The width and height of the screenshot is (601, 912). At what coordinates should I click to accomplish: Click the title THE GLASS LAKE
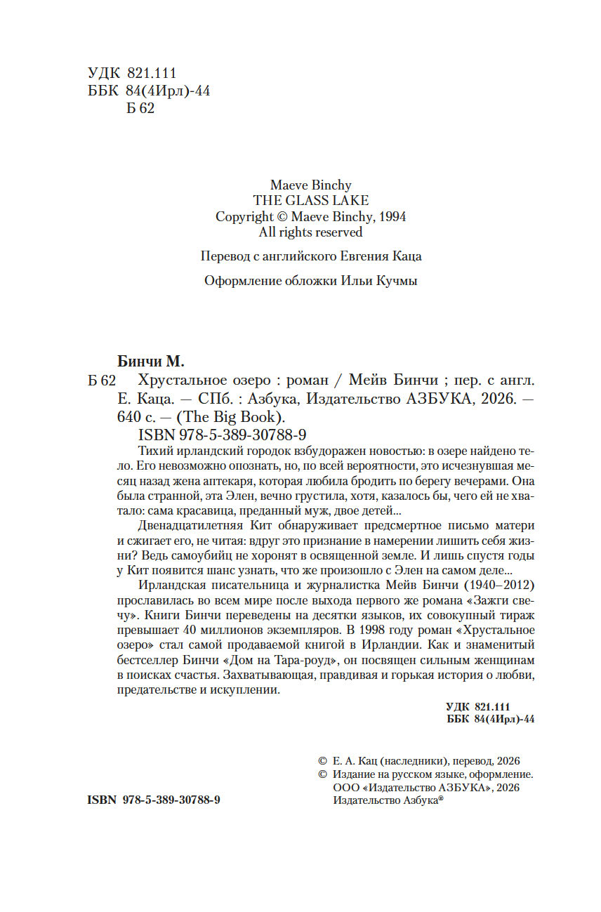[310, 201]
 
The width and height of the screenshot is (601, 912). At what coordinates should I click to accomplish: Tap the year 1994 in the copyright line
[390, 216]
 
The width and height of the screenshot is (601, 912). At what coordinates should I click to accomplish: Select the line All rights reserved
[310, 232]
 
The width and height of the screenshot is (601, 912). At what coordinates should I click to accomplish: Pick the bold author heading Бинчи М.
[149, 362]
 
